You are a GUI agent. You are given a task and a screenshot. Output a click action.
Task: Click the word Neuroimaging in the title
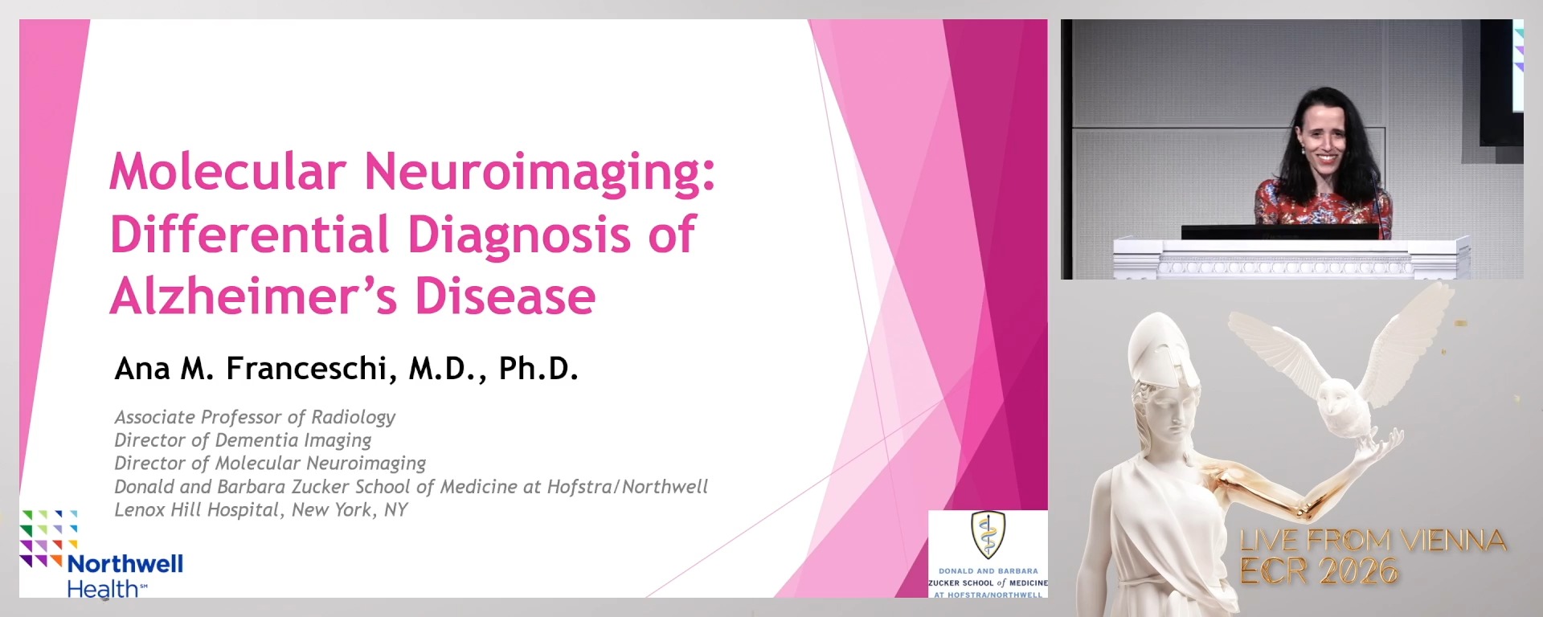point(538,173)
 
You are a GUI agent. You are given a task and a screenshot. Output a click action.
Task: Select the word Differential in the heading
point(249,235)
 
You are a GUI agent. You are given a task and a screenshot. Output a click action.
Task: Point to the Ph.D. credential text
point(538,369)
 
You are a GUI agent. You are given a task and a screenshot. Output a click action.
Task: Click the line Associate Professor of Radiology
point(255,417)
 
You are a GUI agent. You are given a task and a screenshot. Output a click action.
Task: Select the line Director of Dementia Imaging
point(243,440)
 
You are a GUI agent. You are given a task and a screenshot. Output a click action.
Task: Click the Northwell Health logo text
point(125,575)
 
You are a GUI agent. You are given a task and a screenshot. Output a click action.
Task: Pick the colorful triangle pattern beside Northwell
point(48,537)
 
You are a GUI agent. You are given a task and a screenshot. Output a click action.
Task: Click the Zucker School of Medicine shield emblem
point(988,535)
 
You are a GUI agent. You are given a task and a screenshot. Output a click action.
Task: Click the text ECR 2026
point(1318,571)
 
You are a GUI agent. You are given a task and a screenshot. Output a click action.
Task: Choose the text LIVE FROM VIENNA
point(1372,541)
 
